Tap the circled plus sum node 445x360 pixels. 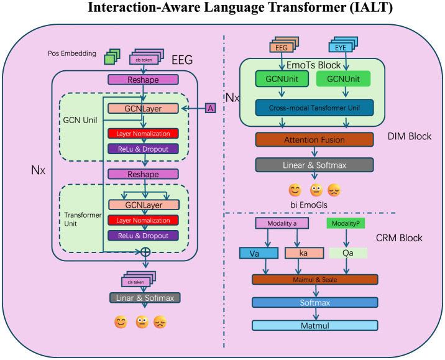145,252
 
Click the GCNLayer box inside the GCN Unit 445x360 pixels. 144,108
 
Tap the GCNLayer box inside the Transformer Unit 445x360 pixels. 144,205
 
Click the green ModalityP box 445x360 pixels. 345,223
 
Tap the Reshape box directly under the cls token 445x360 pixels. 144,80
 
